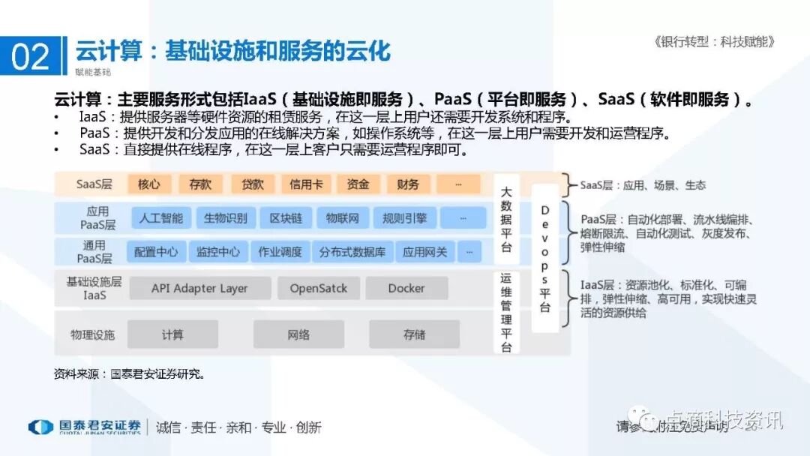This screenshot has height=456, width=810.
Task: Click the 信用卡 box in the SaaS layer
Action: click(x=306, y=184)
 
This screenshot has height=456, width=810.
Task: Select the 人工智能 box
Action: click(x=161, y=218)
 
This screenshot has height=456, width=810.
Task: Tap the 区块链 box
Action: click(x=286, y=218)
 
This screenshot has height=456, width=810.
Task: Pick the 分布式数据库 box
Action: click(x=352, y=252)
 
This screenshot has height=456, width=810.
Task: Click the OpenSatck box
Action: click(x=319, y=288)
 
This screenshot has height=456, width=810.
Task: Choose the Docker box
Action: click(x=406, y=288)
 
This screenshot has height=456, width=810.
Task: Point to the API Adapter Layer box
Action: click(x=199, y=288)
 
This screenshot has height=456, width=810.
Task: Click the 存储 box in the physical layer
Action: click(x=414, y=334)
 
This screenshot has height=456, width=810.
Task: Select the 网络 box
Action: click(x=298, y=334)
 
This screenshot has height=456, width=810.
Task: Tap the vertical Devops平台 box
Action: click(x=545, y=259)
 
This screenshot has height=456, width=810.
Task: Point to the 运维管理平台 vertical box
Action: click(x=506, y=312)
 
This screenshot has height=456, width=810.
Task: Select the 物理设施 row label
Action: click(x=93, y=334)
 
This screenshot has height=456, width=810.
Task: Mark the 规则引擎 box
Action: click(x=404, y=218)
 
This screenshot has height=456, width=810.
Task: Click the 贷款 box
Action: click(x=252, y=184)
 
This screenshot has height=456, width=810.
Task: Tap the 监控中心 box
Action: click(x=218, y=252)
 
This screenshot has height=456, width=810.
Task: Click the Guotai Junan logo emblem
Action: click(x=40, y=427)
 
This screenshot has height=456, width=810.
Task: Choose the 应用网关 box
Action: click(x=424, y=252)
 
